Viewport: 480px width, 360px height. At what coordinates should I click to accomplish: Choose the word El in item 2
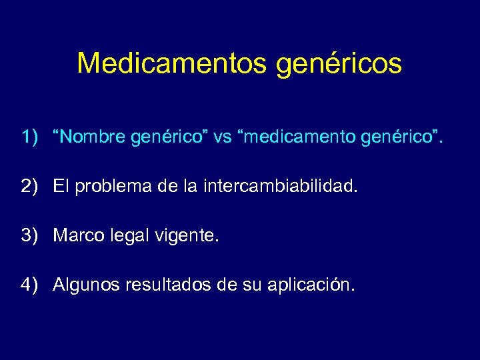[61, 187]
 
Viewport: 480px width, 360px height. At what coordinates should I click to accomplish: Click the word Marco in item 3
[74, 236]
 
